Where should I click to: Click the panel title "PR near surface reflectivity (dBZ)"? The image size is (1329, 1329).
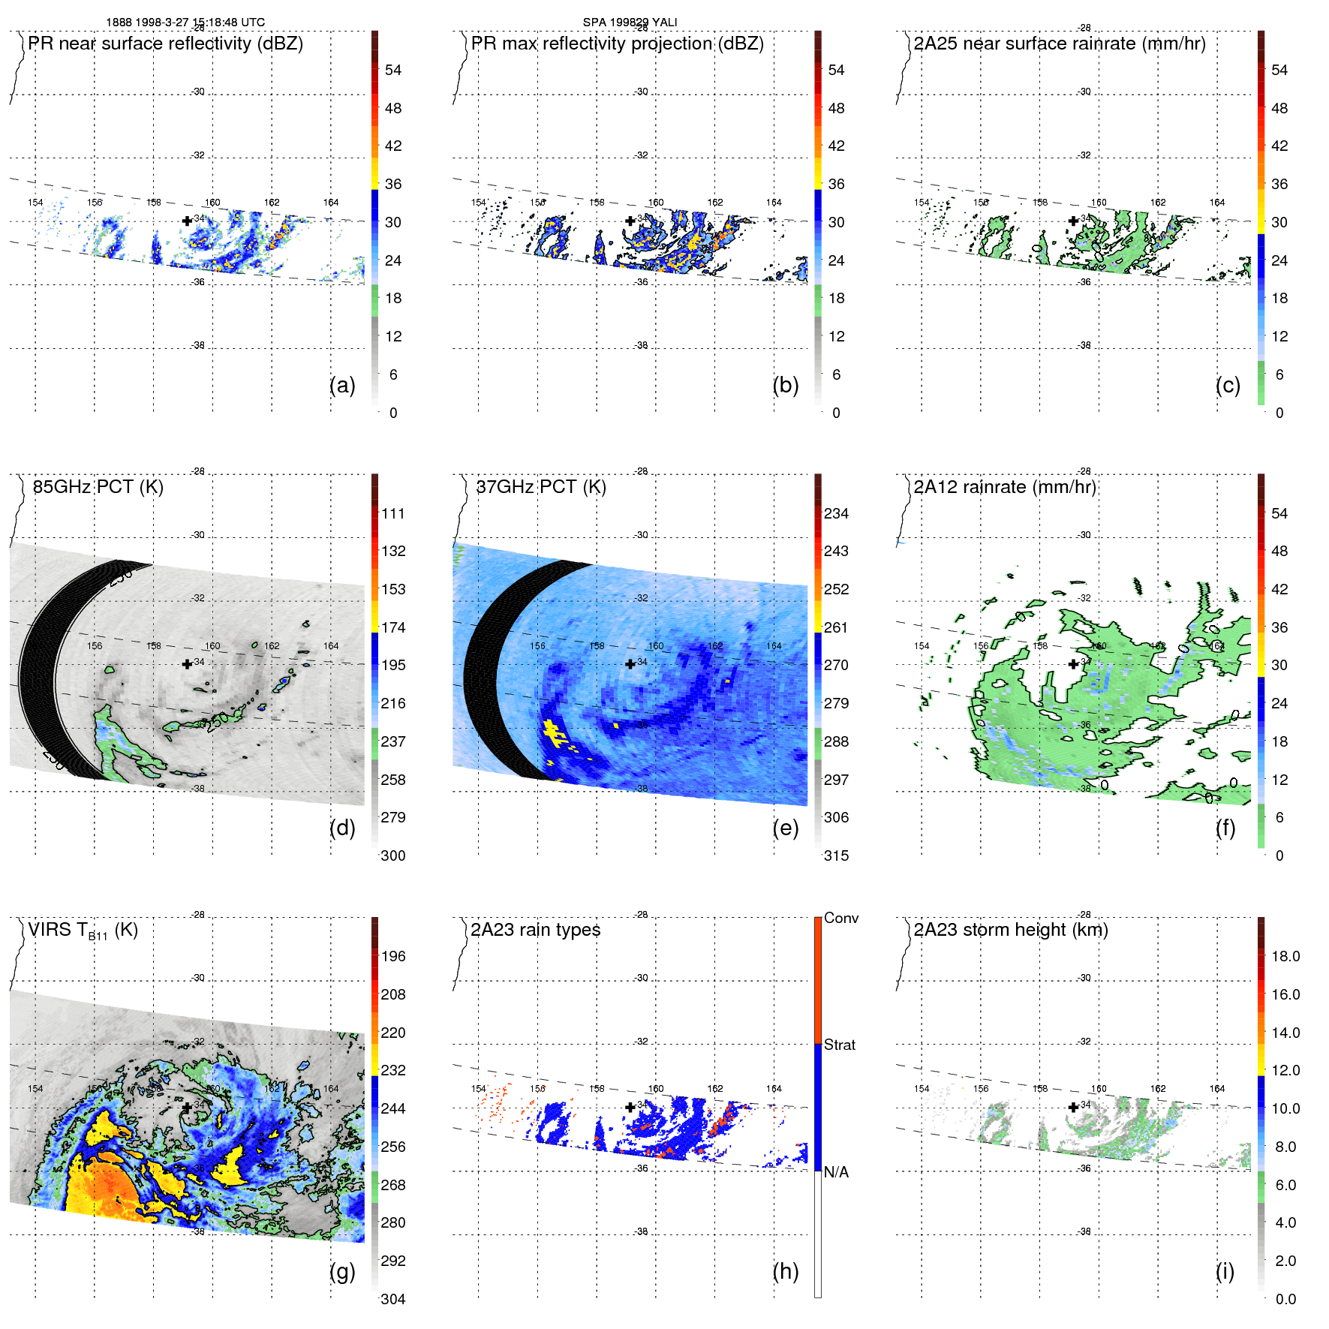tap(165, 44)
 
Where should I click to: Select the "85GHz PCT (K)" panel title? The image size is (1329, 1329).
tap(98, 487)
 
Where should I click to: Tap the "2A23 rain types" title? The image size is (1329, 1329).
tap(535, 930)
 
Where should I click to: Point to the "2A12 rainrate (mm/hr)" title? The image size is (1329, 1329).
tap(1004, 487)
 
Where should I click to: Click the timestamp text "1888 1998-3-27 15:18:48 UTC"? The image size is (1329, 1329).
tap(185, 23)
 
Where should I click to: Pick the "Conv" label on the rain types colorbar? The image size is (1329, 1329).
tap(840, 918)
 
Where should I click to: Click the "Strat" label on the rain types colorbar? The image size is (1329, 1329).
tap(839, 1045)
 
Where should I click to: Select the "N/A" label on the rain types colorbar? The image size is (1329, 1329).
tap(836, 1172)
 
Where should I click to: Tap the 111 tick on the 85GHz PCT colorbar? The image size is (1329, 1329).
tap(393, 513)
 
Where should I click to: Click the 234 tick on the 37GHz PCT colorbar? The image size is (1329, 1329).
tap(836, 513)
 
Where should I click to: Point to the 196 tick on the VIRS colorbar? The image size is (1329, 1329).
tap(393, 956)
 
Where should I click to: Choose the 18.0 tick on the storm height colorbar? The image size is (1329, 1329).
tap(1285, 956)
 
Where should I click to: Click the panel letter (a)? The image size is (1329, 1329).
tap(342, 385)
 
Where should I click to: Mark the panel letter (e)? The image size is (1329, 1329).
tap(785, 828)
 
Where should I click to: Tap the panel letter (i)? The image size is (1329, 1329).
tap(1225, 1271)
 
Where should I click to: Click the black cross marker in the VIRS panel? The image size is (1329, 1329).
tap(187, 1107)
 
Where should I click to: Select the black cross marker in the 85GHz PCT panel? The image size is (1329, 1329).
tap(187, 664)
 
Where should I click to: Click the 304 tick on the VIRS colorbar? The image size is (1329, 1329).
tap(393, 1299)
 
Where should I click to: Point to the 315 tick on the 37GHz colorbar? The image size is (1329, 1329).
tap(836, 855)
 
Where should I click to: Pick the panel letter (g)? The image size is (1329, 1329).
tap(342, 1271)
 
